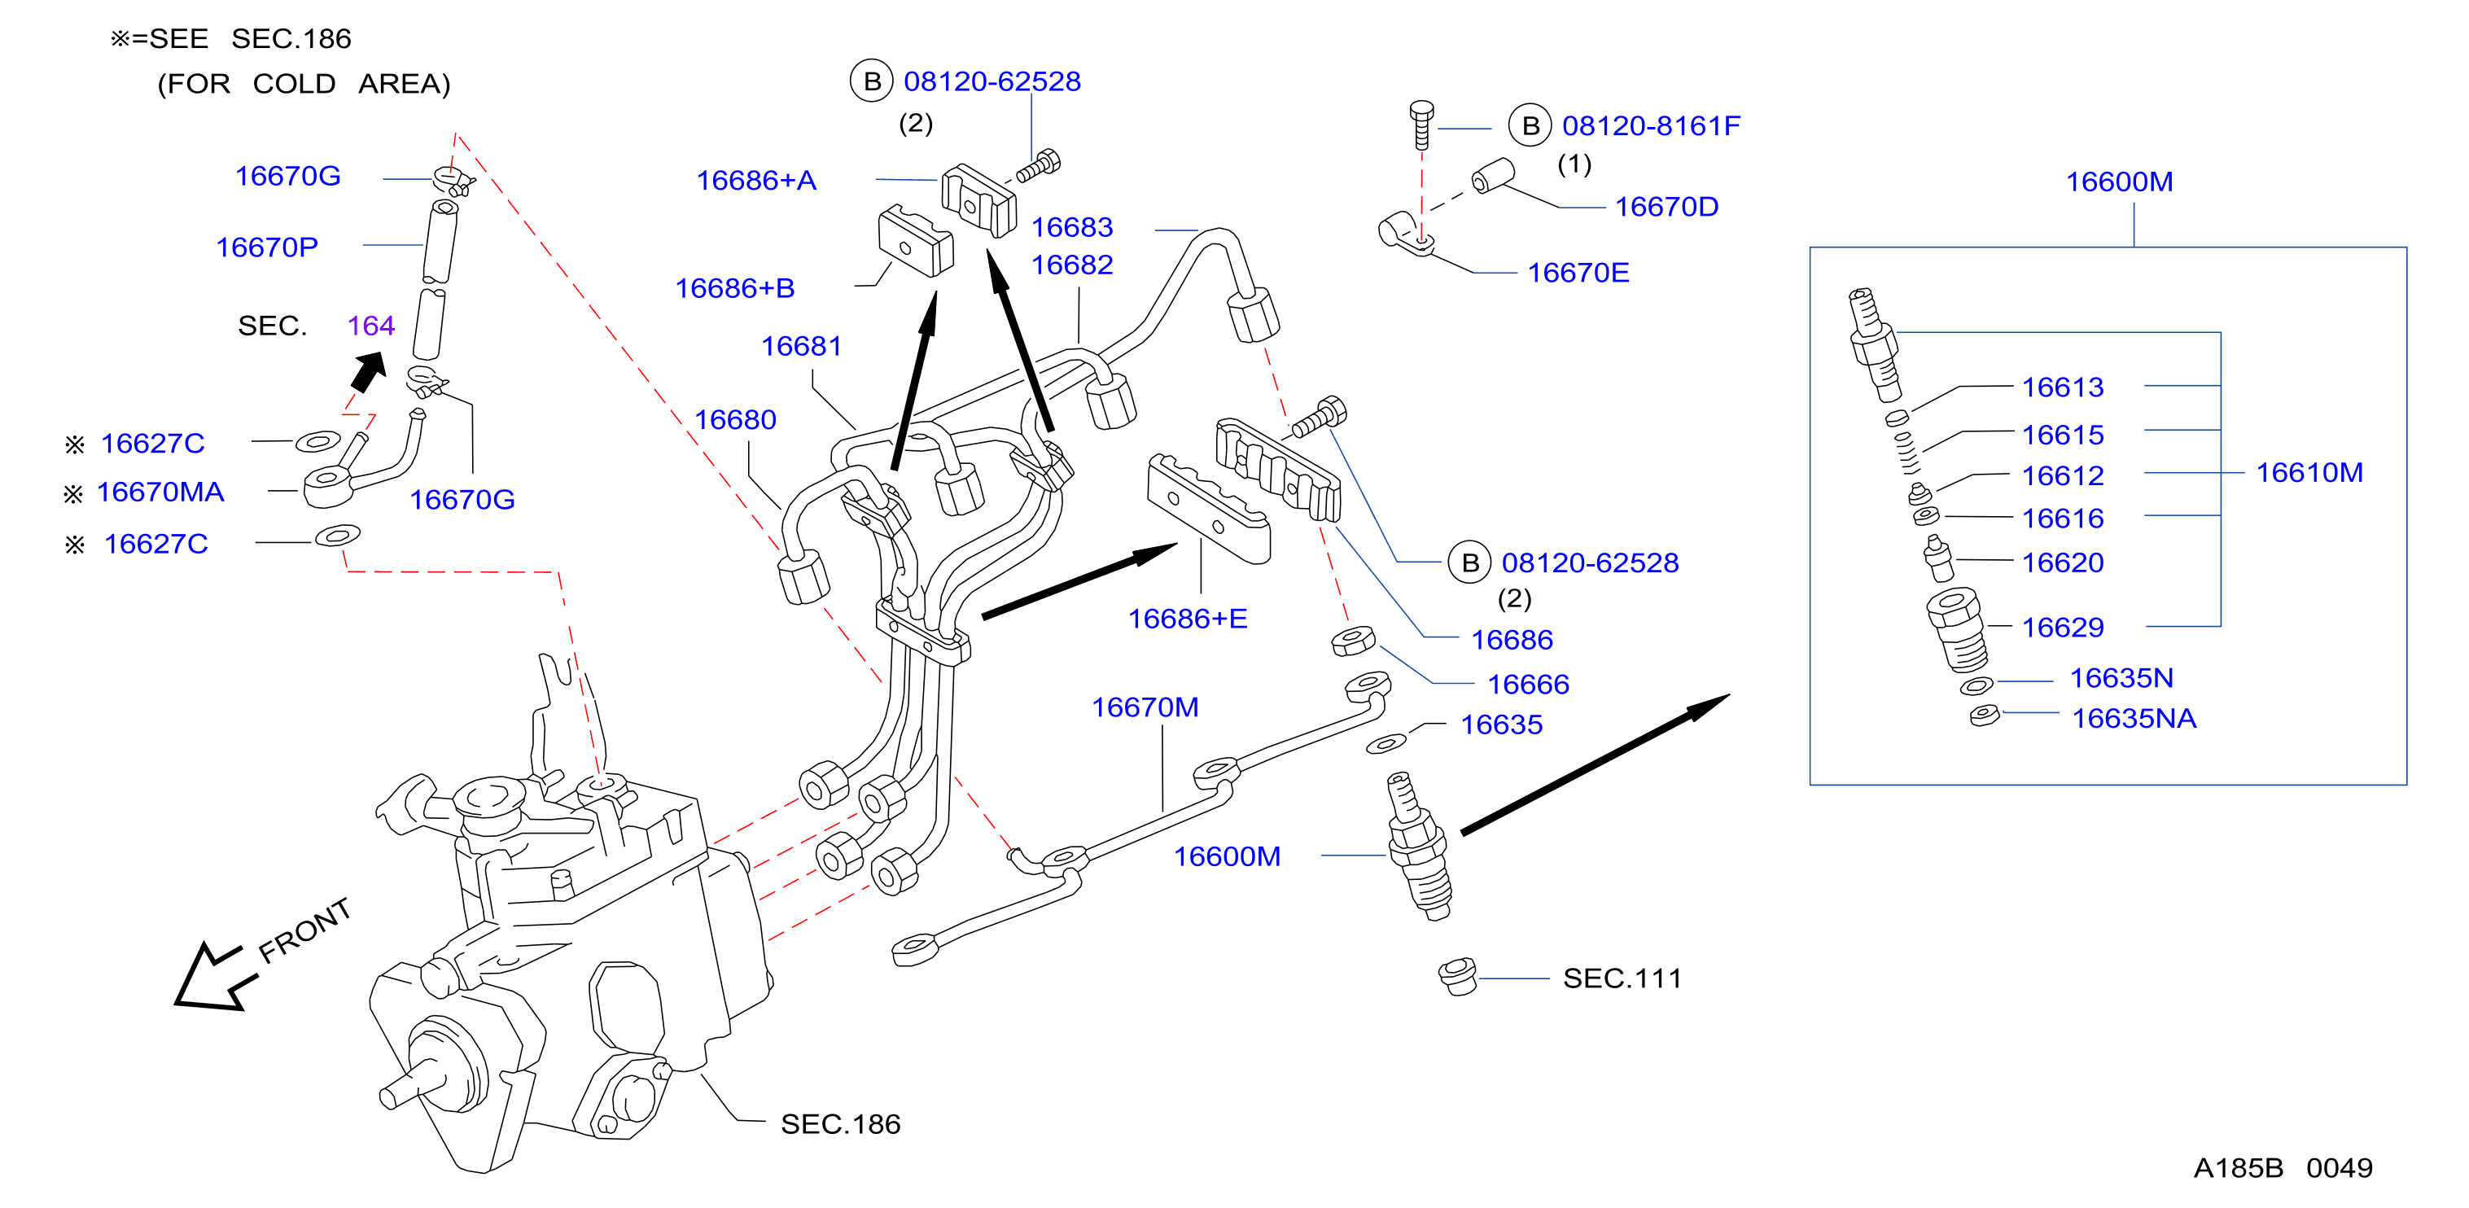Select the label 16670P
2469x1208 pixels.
266,247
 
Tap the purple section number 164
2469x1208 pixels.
371,326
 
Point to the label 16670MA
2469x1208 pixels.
160,492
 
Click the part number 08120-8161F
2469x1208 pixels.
1650,125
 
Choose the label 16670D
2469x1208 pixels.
1667,206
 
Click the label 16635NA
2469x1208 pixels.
2134,718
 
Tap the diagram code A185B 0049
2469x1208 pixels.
2283,1168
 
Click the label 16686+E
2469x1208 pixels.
1188,619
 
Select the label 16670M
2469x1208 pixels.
1145,707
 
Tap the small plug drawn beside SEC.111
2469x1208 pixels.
1458,977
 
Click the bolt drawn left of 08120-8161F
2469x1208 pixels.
1422,125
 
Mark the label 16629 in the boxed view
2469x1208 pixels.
2063,627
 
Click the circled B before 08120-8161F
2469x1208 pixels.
1530,125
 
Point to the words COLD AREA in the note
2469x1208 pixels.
351,85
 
